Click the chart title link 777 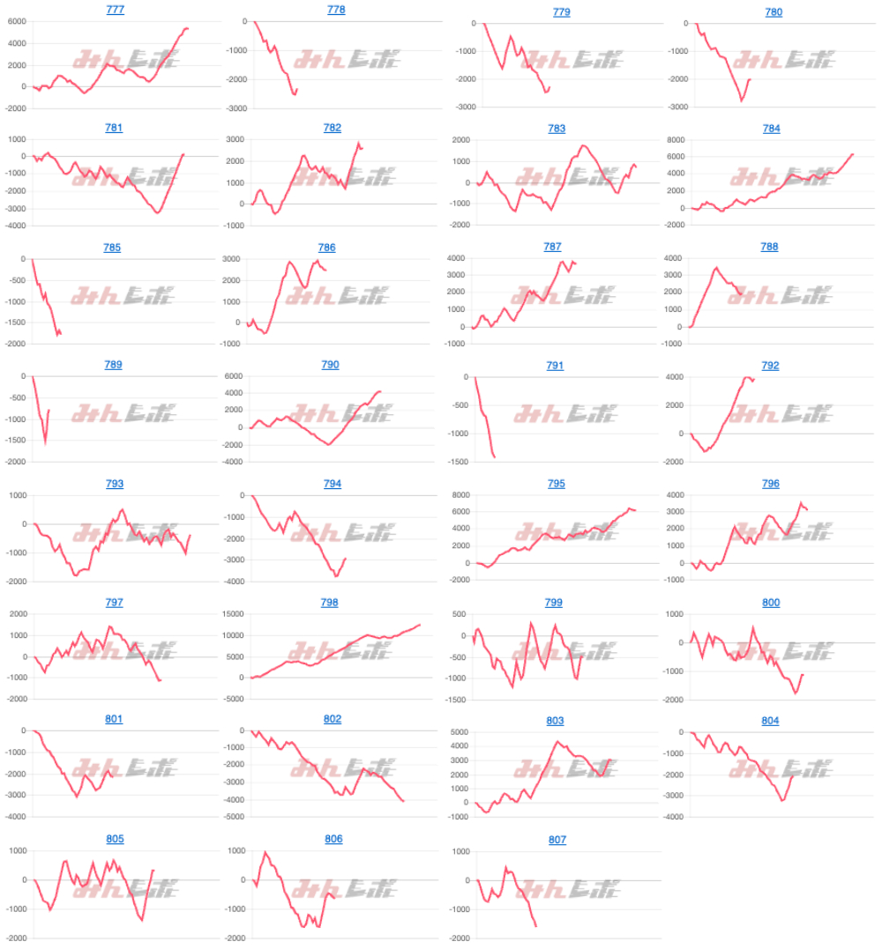pyautogui.click(x=114, y=10)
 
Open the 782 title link pyautogui.click(x=332, y=128)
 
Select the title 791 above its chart pyautogui.click(x=555, y=366)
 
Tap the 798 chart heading pyautogui.click(x=332, y=603)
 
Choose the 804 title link pyautogui.click(x=770, y=721)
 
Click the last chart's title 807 pyautogui.click(x=557, y=840)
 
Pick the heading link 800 pyautogui.click(x=771, y=603)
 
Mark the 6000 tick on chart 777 pyautogui.click(x=17, y=22)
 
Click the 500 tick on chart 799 pyautogui.click(x=456, y=614)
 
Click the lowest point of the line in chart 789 pyautogui.click(x=45, y=443)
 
